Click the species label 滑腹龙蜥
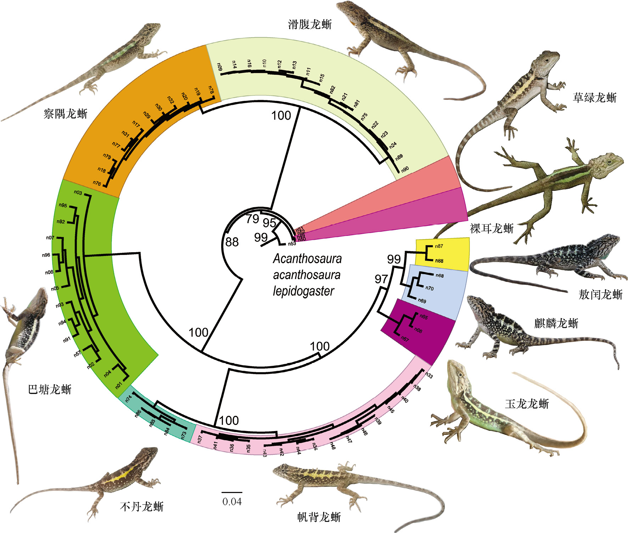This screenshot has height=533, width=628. tap(310, 24)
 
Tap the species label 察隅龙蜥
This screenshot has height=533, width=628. tap(66, 114)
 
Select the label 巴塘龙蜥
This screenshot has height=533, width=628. tap(50, 389)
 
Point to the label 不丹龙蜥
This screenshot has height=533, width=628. tap(142, 507)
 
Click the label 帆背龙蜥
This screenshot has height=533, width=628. tap(319, 517)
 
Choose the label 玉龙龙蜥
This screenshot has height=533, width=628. tap(527, 404)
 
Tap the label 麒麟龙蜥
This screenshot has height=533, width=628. tap(556, 323)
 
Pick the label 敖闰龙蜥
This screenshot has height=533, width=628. tap(600, 294)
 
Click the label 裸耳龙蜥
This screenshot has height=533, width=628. tap(492, 228)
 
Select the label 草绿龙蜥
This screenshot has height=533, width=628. tap(595, 97)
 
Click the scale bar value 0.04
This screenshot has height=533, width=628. tap(232, 502)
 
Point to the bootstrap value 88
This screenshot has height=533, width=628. tap(232, 242)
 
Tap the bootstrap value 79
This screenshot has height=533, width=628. tap(253, 219)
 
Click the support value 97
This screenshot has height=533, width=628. tap(381, 279)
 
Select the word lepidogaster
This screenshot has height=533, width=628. tap(303, 291)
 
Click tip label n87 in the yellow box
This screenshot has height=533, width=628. tap(439, 246)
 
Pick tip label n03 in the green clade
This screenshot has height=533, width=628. tap(78, 193)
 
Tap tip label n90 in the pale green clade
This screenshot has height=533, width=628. tap(405, 169)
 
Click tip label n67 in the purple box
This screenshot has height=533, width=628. tap(405, 339)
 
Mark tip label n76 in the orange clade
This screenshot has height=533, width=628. tap(97, 183)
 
